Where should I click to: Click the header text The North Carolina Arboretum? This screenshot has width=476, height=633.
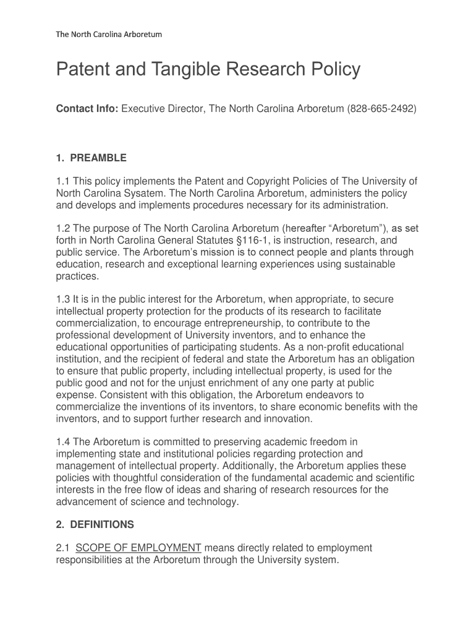pos(109,34)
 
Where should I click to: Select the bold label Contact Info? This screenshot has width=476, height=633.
pos(87,109)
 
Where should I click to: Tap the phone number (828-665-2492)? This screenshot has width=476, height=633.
pos(382,109)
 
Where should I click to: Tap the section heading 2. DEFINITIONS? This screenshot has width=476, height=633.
pos(95,525)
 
